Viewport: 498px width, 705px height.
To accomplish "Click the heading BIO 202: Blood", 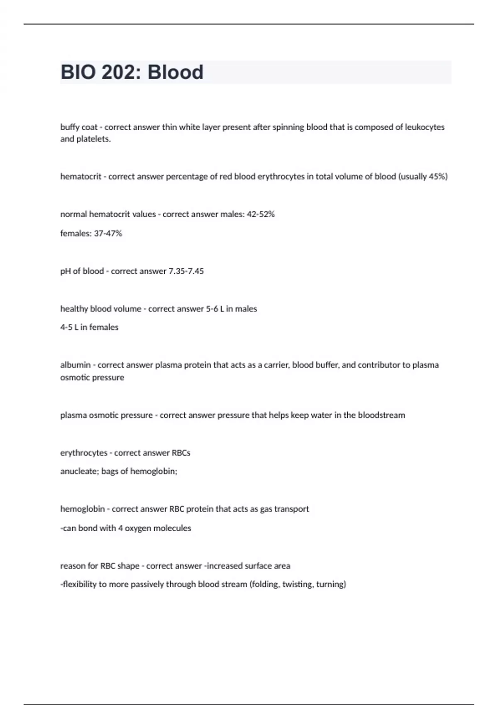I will (132, 72).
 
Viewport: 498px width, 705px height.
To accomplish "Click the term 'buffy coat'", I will (79, 127).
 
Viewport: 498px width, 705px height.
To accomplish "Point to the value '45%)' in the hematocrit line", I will (438, 177).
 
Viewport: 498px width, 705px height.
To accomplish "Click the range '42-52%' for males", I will (261, 214).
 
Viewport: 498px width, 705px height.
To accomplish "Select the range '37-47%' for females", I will (108, 233).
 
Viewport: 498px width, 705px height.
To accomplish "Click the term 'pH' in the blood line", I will (65, 271).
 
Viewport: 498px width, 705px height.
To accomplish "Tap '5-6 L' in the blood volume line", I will (215, 309).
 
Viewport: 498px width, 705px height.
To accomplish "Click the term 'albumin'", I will (75, 365).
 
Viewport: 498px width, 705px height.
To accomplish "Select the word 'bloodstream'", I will (381, 415).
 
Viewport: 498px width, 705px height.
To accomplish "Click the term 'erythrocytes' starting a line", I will (84, 453).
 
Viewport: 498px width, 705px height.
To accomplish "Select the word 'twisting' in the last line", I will (298, 584).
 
